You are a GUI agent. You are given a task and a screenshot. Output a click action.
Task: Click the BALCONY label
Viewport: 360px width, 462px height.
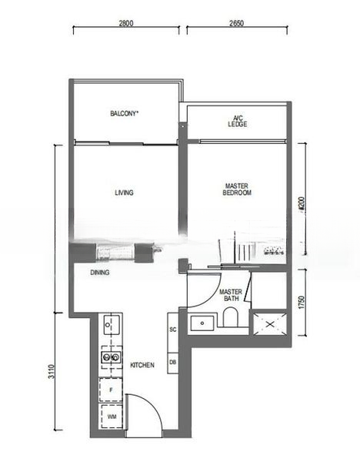pyautogui.click(x=124, y=114)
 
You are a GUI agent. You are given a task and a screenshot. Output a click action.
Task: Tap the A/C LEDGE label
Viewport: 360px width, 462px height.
pyautogui.click(x=237, y=121)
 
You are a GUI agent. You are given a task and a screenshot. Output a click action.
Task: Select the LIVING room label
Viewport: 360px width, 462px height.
pyautogui.click(x=124, y=192)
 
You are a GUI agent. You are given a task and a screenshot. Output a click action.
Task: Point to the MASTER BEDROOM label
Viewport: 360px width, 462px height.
pyautogui.click(x=238, y=189)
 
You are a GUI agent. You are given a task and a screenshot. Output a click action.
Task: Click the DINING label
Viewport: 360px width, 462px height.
pyautogui.click(x=99, y=273)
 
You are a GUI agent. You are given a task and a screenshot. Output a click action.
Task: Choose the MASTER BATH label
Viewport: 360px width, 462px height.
pyautogui.click(x=231, y=296)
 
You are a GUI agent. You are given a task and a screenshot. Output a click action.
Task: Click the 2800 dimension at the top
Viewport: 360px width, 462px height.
pyautogui.click(x=126, y=24)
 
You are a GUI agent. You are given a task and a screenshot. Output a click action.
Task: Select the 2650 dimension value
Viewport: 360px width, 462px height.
pyautogui.click(x=235, y=24)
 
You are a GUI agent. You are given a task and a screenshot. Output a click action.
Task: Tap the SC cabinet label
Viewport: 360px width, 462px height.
pyautogui.click(x=173, y=330)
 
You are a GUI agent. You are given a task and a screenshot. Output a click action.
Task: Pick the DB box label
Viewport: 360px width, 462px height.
pyautogui.click(x=173, y=362)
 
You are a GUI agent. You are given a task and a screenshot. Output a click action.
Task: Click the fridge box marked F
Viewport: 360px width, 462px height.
pyautogui.click(x=111, y=391)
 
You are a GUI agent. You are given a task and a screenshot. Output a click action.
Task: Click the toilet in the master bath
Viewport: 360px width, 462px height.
pyautogui.click(x=230, y=318)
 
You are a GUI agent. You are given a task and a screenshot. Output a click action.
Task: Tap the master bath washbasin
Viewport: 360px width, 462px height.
pyautogui.click(x=202, y=323)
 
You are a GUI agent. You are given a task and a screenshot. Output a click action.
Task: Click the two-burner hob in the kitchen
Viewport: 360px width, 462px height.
pyautogui.click(x=111, y=356)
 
